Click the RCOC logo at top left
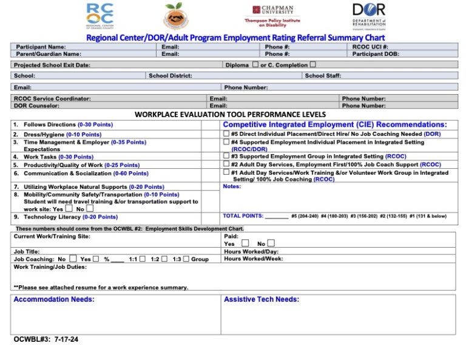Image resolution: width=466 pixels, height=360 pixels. (x=99, y=16)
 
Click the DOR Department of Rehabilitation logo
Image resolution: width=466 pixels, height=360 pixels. (x=368, y=16)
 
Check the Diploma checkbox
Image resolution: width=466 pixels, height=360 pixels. (x=255, y=64)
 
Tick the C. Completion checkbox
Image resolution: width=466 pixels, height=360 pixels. (x=313, y=64)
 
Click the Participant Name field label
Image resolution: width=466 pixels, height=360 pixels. (x=41, y=47)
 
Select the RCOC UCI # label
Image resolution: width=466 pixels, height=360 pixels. (x=370, y=47)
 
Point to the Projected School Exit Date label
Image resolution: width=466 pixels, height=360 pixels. (x=52, y=65)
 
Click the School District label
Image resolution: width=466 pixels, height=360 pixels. (x=171, y=76)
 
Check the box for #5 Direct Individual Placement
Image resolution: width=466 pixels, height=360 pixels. (x=226, y=134)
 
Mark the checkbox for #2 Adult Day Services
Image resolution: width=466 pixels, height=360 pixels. (x=226, y=164)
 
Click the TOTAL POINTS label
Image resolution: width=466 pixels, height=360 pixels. (x=243, y=216)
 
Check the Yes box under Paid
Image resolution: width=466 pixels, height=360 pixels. (x=245, y=243)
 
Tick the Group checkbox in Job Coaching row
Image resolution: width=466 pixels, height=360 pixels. (x=186, y=259)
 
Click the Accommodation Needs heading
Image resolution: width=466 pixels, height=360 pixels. (x=53, y=299)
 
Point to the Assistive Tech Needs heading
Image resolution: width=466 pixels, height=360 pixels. (x=261, y=299)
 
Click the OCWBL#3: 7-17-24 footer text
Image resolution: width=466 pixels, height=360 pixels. (x=46, y=339)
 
